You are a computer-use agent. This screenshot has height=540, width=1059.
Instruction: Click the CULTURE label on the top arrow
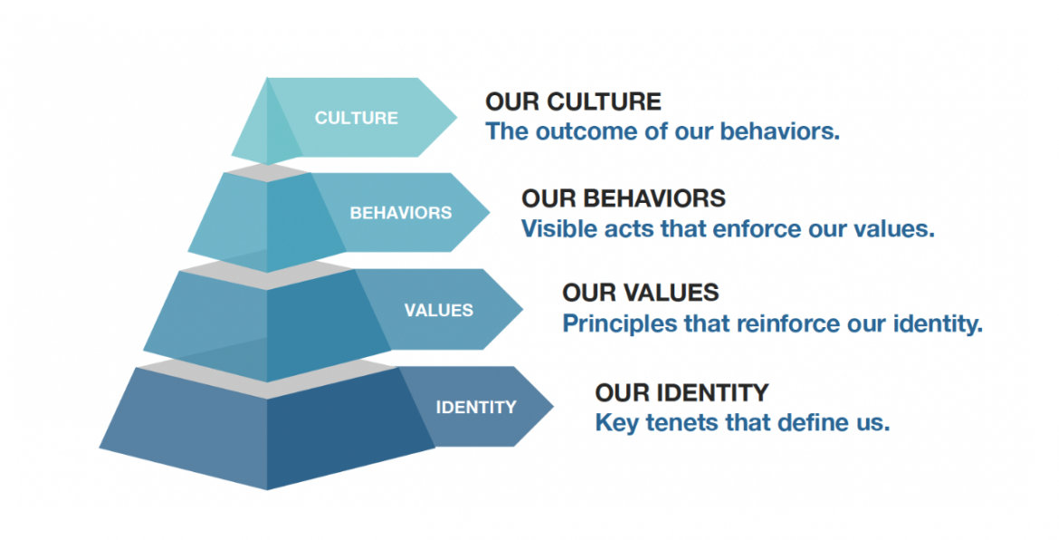click(x=356, y=119)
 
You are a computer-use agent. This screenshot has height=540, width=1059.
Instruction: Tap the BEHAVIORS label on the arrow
click(x=400, y=213)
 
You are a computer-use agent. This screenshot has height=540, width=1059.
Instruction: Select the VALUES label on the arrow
click(x=438, y=310)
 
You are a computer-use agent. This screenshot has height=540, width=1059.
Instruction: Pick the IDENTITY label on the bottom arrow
click(x=475, y=408)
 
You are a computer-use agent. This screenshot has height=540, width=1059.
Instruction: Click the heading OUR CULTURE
click(x=574, y=102)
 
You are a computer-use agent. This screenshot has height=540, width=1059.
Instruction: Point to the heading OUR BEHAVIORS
click(x=624, y=198)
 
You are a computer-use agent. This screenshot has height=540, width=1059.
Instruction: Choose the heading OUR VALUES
click(x=640, y=293)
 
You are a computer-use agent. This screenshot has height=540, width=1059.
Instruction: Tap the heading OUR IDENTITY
click(x=682, y=392)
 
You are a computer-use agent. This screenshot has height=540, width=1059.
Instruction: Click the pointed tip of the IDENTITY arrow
click(x=553, y=406)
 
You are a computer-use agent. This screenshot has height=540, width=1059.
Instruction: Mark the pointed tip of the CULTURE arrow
click(x=456, y=118)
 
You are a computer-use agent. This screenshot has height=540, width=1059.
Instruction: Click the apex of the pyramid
click(x=267, y=79)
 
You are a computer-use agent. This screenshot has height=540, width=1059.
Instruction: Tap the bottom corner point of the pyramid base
click(x=267, y=489)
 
